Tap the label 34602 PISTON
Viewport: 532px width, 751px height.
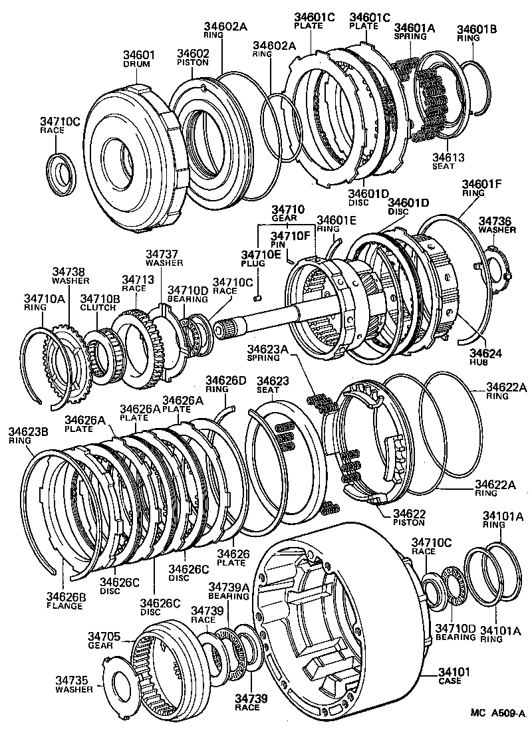pos(193,57)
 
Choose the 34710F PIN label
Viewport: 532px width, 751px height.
pos(288,239)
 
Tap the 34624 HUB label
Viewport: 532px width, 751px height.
pos(487,358)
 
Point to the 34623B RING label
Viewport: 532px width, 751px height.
pos(28,435)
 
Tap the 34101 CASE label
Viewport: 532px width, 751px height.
pos(454,677)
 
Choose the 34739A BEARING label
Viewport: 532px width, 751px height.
pos(228,591)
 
